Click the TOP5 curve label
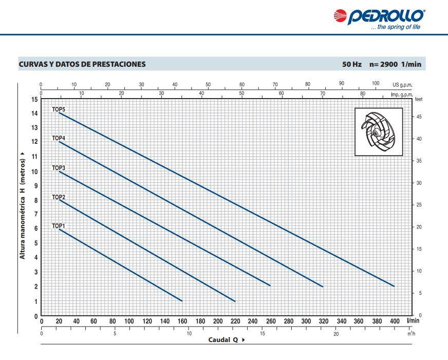pyautogui.click(x=59, y=109)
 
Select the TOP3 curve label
pyautogui.click(x=59, y=168)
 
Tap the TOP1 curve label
pyautogui.click(x=59, y=226)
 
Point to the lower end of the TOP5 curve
pyautogui.click(x=394, y=286)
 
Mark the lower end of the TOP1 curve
pyautogui.click(x=182, y=301)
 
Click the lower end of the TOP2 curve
pyautogui.click(x=235, y=301)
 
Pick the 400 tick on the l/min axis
pyautogui.click(x=395, y=321)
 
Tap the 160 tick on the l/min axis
pyautogui.click(x=182, y=321)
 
